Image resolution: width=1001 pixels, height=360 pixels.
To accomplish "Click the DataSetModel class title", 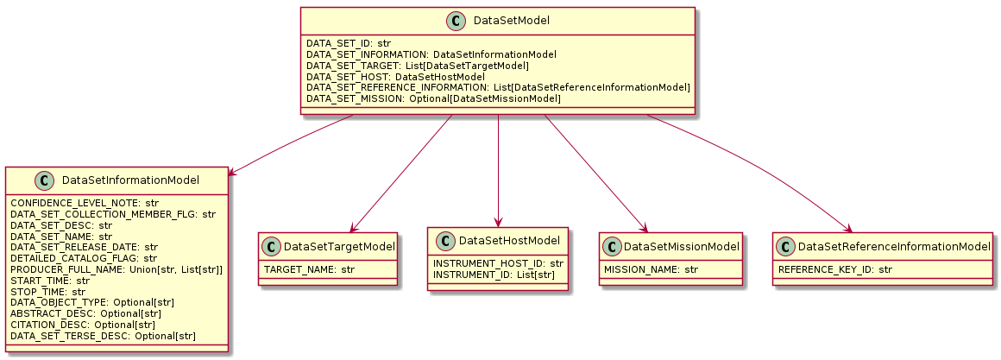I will [x=514, y=21].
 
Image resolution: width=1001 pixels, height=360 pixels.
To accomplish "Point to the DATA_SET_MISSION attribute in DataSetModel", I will [x=433, y=99].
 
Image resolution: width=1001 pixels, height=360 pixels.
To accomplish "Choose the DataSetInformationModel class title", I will [x=131, y=180].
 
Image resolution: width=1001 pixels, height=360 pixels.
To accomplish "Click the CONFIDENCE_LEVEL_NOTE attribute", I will [x=79, y=203].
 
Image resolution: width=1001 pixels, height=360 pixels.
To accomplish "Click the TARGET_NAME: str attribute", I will [x=309, y=269].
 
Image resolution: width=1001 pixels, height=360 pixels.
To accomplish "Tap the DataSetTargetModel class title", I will [x=339, y=247].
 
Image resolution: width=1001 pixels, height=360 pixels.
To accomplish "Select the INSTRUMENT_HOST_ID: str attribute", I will [x=498, y=263].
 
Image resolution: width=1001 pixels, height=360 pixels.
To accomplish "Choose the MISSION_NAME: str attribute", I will [x=650, y=269].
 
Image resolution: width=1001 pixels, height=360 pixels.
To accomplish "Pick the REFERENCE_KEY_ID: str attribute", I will [x=835, y=269].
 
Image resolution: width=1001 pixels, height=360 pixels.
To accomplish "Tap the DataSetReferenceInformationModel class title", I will [x=894, y=247].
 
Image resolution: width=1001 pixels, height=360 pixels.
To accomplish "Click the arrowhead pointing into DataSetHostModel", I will [x=499, y=223].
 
